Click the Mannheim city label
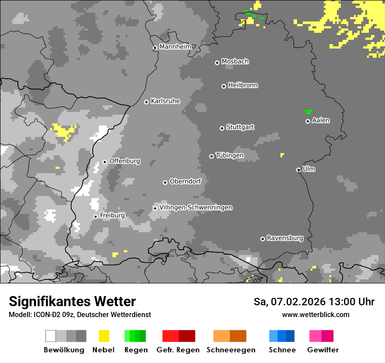click(x=175, y=47)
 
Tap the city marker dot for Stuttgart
click(x=222, y=128)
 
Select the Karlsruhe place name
click(x=165, y=101)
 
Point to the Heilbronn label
click(x=243, y=85)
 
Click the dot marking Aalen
click(x=308, y=121)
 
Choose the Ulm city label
click(x=309, y=169)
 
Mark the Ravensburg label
click(x=285, y=238)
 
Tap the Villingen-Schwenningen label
click(x=196, y=207)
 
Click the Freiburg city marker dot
click(x=95, y=216)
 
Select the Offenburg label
click(x=125, y=161)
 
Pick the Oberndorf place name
click(x=185, y=181)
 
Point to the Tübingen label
click(x=230, y=155)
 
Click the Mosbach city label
click(x=235, y=61)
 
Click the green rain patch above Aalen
click(x=309, y=112)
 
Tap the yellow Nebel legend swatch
click(x=104, y=336)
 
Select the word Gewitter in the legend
click(x=323, y=350)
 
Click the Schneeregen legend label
click(x=231, y=350)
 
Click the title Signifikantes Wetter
click(x=72, y=301)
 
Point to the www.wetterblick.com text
click(x=316, y=314)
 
